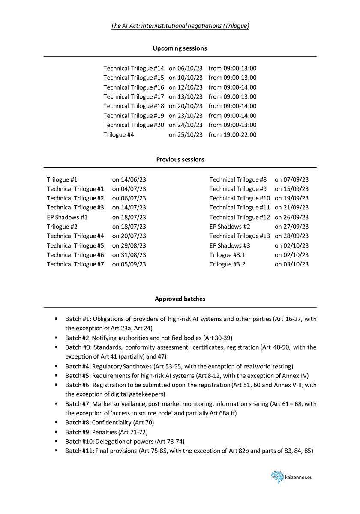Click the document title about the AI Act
180,26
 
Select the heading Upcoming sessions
180,48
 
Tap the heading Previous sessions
180,159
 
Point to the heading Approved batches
180,299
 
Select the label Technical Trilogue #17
134,96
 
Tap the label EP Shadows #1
67,217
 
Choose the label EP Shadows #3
230,245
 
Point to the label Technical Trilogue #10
240,198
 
